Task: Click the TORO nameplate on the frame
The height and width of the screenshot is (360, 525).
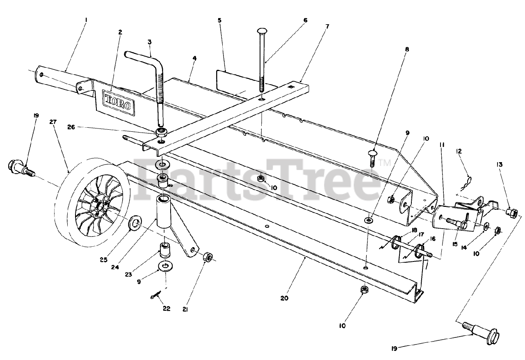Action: click(119, 102)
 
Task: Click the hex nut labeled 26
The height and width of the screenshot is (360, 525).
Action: click(161, 133)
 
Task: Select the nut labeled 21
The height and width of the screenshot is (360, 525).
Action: click(208, 257)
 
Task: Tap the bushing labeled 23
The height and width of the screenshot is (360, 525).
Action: click(165, 250)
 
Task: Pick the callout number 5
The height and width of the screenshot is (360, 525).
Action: click(220, 20)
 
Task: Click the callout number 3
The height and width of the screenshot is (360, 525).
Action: click(150, 42)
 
